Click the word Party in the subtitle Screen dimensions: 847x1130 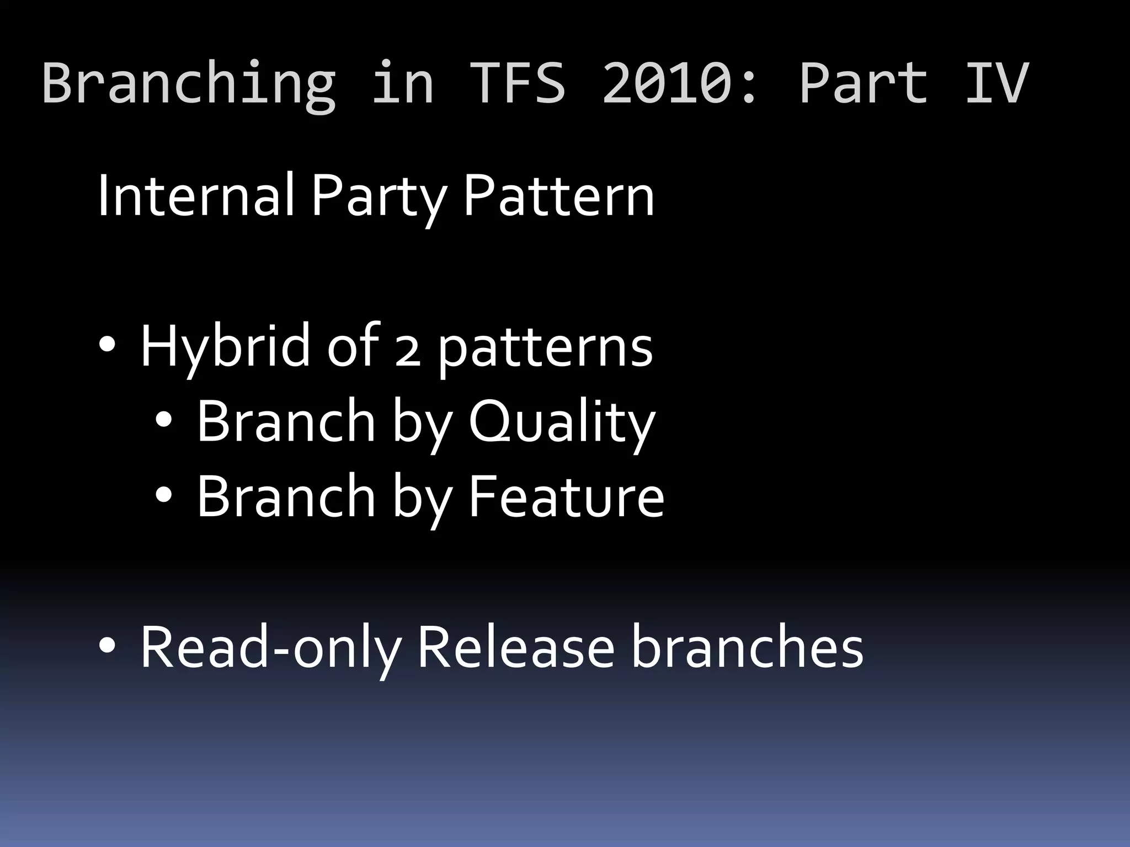click(379, 196)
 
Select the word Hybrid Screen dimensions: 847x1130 click(225, 347)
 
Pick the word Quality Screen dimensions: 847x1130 click(562, 422)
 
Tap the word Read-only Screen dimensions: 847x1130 click(270, 647)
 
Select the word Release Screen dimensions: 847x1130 click(515, 647)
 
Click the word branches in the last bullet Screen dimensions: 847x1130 click(747, 647)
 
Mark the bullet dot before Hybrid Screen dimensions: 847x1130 click(106, 346)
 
